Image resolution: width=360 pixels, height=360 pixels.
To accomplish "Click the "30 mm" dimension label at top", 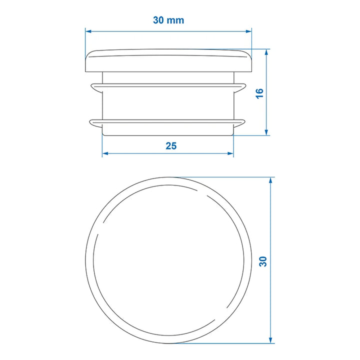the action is pos(168,20).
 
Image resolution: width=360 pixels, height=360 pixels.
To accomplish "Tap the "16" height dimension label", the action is pos(260,93).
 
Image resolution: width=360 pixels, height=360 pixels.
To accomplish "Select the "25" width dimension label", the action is pos(171,146).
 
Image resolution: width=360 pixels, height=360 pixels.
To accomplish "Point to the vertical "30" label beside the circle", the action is pos(263,261).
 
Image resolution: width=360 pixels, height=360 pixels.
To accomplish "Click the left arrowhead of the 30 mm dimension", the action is pos(88,31).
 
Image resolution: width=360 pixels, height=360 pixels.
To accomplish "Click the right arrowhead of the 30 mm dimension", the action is pos(248,31).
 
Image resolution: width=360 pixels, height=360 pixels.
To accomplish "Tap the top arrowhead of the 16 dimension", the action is pos(266,52).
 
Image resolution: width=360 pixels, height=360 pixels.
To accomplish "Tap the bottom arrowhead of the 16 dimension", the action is pos(266,132).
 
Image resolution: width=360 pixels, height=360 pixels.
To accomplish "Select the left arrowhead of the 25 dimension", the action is pos(105,153).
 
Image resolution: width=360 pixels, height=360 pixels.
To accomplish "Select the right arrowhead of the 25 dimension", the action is pos(230,153).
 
